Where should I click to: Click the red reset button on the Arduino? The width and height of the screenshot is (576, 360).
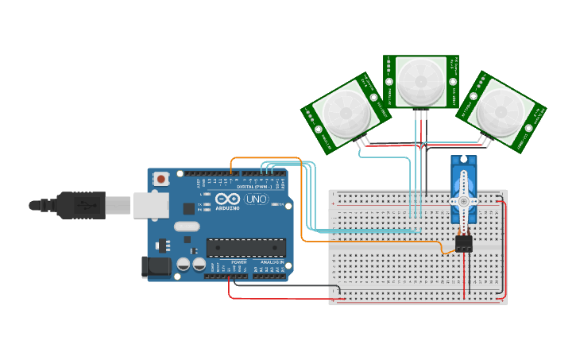pyautogui.click(x=162, y=180)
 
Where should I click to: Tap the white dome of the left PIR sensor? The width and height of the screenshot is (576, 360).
pyautogui.click(x=344, y=114)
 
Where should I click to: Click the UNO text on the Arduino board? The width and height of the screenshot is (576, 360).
pyautogui.click(x=257, y=199)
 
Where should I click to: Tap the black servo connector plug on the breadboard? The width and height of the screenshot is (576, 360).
pyautogui.click(x=463, y=243)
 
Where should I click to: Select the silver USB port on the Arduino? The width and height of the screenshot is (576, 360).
pyautogui.click(x=150, y=205)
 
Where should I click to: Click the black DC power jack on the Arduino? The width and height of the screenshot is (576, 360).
pyautogui.click(x=156, y=267)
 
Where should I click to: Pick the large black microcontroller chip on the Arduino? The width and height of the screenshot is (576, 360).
pyautogui.click(x=245, y=247)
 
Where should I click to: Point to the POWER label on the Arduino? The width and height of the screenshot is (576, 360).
pyautogui.click(x=239, y=261)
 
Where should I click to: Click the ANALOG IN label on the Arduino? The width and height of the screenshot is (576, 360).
pyautogui.click(x=271, y=261)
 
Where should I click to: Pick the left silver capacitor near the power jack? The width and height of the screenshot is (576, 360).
pyautogui.click(x=184, y=263)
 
